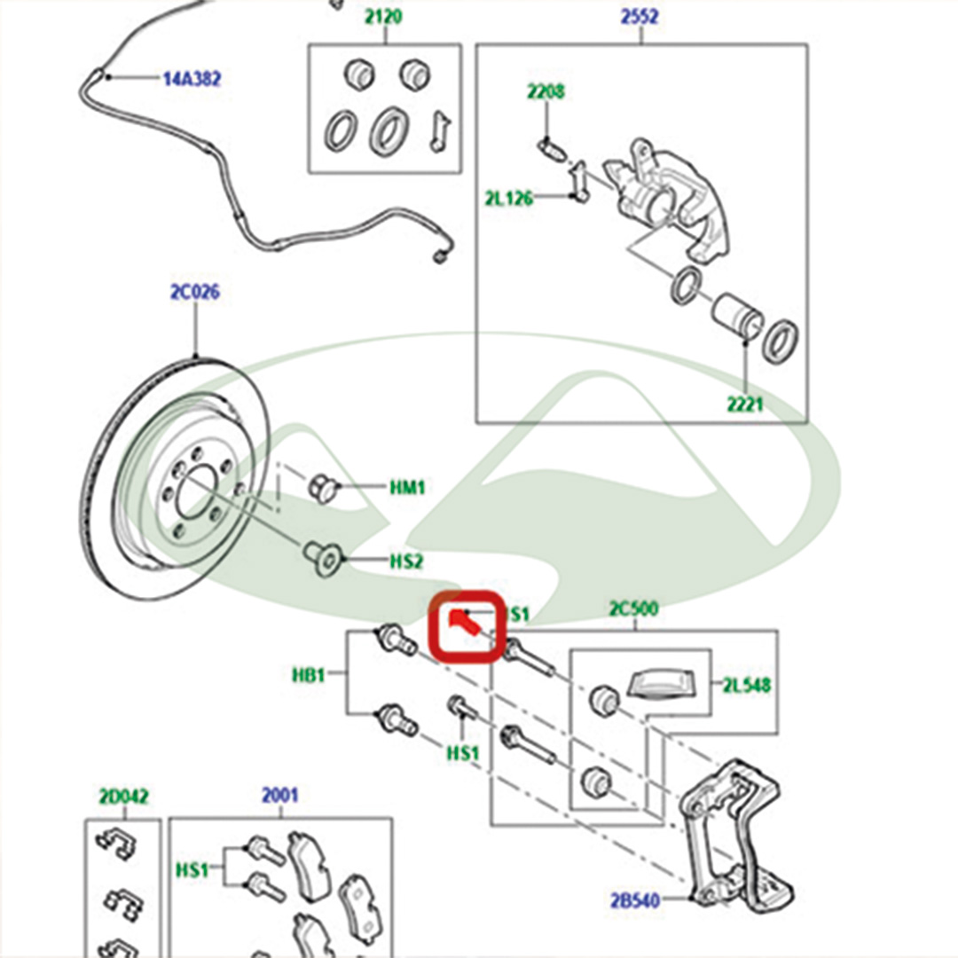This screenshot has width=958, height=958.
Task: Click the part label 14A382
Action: (x=191, y=79)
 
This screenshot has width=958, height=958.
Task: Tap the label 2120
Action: (x=384, y=17)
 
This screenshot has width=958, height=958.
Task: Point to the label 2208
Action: (x=546, y=91)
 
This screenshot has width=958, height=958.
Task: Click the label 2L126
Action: (x=508, y=198)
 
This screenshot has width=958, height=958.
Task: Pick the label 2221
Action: (x=743, y=405)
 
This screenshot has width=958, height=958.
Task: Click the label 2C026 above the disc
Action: (x=194, y=292)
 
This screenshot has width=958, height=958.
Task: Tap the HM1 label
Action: (x=408, y=487)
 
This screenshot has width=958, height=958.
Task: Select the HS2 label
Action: (x=407, y=561)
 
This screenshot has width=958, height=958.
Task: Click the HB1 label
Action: (x=310, y=675)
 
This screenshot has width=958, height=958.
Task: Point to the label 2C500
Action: (x=633, y=609)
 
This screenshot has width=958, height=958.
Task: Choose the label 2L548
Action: (x=746, y=685)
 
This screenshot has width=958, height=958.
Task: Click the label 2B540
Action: (x=634, y=901)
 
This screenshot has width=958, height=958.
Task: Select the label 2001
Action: (x=279, y=796)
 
